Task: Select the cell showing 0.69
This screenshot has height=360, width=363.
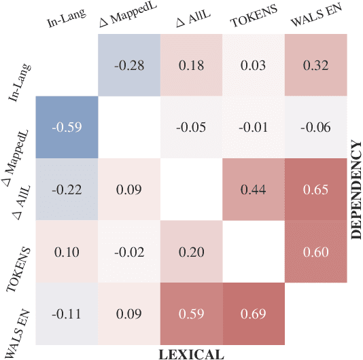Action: click(x=254, y=314)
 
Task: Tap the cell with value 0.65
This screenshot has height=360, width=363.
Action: click(x=316, y=190)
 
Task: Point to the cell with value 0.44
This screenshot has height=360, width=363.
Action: click(x=254, y=190)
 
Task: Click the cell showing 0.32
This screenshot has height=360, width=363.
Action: click(x=316, y=65)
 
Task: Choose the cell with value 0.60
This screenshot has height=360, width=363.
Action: click(x=316, y=251)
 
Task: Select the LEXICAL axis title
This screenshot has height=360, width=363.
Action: click(x=192, y=353)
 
